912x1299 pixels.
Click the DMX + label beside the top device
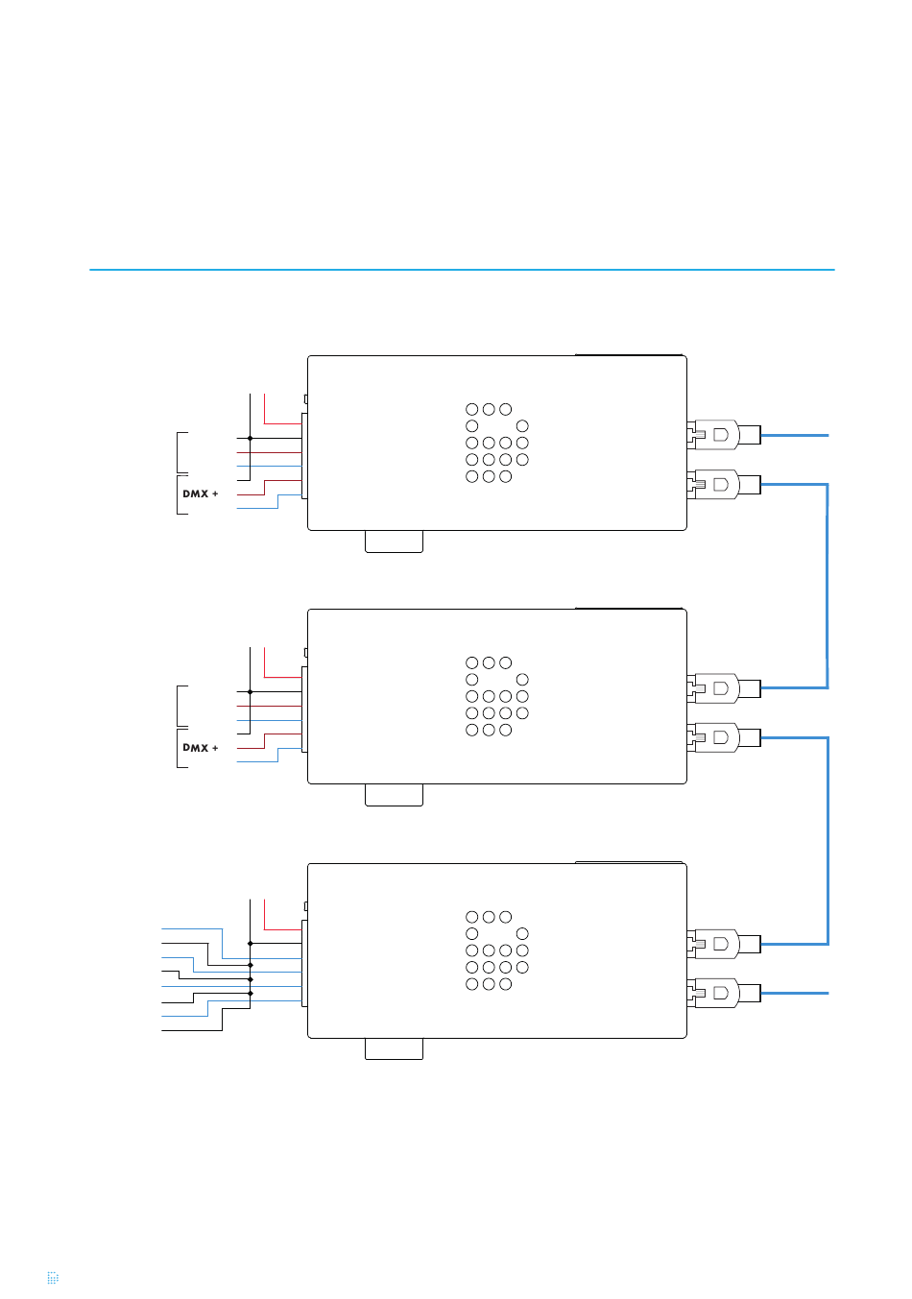[201, 493]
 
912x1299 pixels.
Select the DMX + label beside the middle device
[201, 747]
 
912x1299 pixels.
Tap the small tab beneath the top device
[394, 541]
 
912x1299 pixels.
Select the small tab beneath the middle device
[394, 795]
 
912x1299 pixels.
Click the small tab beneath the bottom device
[394, 1048]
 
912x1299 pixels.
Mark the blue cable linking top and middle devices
[827, 586]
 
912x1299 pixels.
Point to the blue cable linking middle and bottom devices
[827, 840]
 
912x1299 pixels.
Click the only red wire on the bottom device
[282, 929]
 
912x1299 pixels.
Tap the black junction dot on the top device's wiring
[250, 438]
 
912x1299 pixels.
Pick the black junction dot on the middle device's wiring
[250, 691]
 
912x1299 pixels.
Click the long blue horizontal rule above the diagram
[462, 270]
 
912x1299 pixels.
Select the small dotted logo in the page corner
[53, 1278]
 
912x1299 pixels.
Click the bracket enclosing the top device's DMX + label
[180, 494]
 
